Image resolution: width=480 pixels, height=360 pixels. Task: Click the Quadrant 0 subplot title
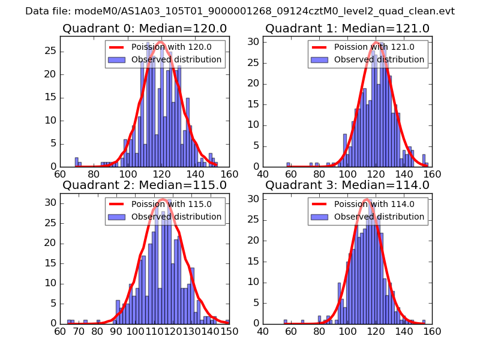[x=144, y=28]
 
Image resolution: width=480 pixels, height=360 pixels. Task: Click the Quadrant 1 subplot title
[x=347, y=28]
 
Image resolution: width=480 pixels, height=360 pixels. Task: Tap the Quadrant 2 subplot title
[x=144, y=185]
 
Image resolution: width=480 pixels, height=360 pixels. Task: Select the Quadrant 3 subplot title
[x=347, y=185]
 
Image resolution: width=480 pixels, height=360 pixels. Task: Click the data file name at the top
[x=240, y=11]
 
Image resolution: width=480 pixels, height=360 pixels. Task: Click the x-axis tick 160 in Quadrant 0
[x=229, y=175]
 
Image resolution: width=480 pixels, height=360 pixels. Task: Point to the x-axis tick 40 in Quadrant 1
[x=263, y=175]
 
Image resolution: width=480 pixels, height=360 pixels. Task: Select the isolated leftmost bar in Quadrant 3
[x=286, y=322]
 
